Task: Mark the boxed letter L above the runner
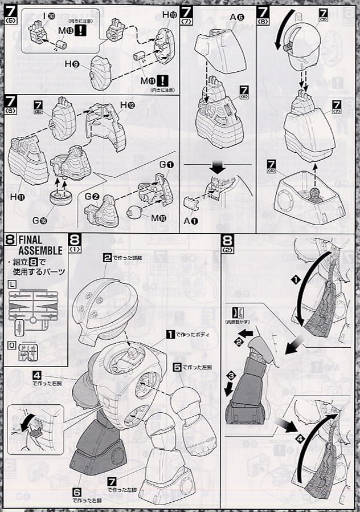(x=12, y=284)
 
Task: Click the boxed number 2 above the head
(x=107, y=258)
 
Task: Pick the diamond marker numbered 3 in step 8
(x=232, y=376)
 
